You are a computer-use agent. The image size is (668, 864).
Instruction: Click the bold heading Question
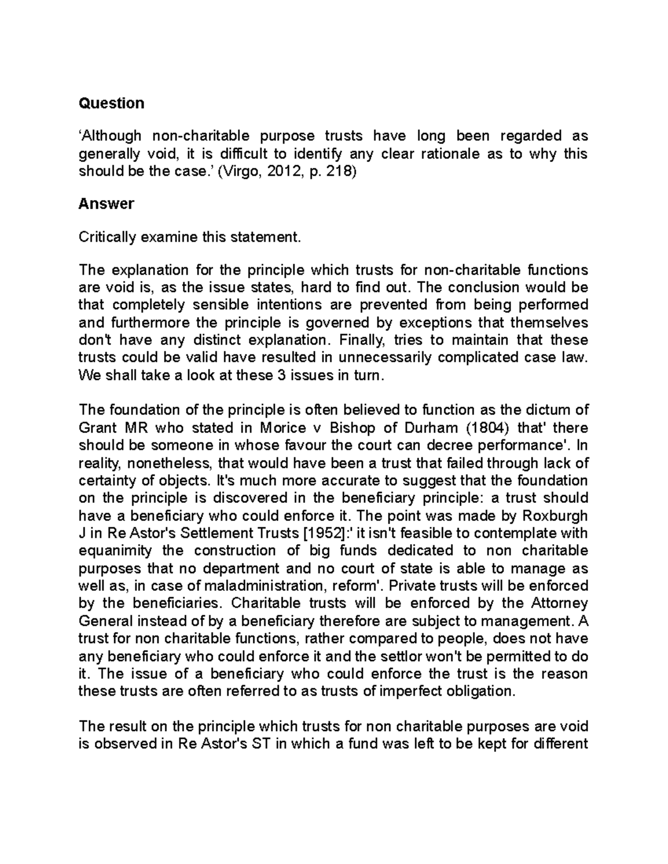pos(111,103)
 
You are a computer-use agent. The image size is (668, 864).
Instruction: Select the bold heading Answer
pos(106,204)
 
